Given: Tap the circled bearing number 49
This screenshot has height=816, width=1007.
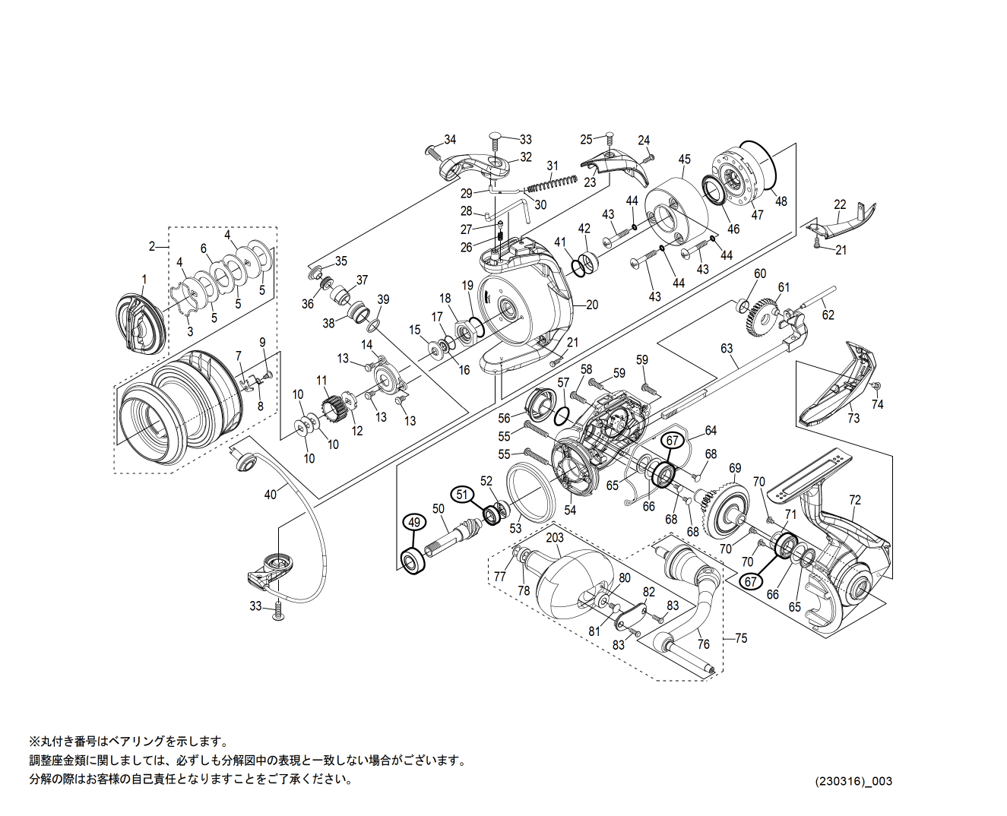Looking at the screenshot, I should (413, 523).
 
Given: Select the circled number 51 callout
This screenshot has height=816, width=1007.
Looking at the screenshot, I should (461, 493).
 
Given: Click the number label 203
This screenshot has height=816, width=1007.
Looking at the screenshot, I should (555, 537).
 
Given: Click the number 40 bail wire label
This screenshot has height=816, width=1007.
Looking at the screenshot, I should (271, 495).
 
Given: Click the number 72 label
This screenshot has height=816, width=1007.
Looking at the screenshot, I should (855, 500).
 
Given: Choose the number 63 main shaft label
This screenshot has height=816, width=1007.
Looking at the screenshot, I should (727, 349).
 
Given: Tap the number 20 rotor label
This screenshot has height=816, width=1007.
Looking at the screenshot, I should (592, 305).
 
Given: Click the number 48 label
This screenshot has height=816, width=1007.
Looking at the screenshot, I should (781, 201).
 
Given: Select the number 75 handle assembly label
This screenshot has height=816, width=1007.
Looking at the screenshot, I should (741, 638).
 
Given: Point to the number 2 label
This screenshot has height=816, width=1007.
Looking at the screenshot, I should (152, 246).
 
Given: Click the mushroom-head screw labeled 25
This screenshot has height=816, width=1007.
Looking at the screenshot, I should (607, 138).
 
